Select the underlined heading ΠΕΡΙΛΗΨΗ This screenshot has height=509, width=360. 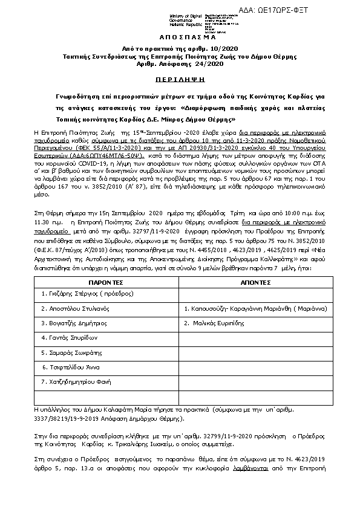[x=179, y=79]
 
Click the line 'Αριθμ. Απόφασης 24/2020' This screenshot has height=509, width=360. [x=179, y=63]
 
